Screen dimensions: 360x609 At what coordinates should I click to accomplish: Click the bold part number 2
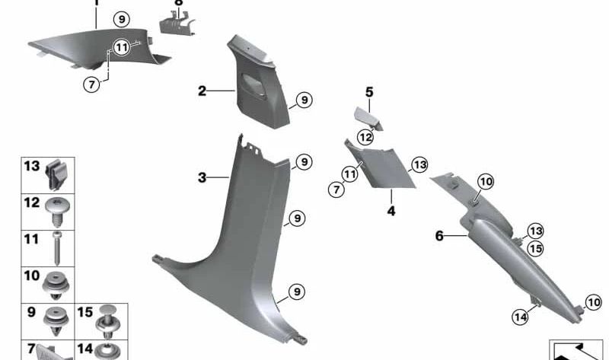(x=202, y=91)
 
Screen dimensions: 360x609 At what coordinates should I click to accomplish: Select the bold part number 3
(x=202, y=178)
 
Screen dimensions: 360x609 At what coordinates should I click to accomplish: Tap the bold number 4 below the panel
(x=391, y=211)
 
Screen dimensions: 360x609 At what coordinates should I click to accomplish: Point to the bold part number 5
(x=369, y=93)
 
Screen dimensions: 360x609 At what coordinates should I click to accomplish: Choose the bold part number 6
(x=439, y=237)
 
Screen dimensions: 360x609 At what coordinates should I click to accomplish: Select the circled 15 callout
(x=536, y=248)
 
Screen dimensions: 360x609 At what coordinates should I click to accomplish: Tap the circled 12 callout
(x=366, y=138)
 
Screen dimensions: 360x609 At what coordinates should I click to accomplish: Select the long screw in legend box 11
(x=58, y=243)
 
